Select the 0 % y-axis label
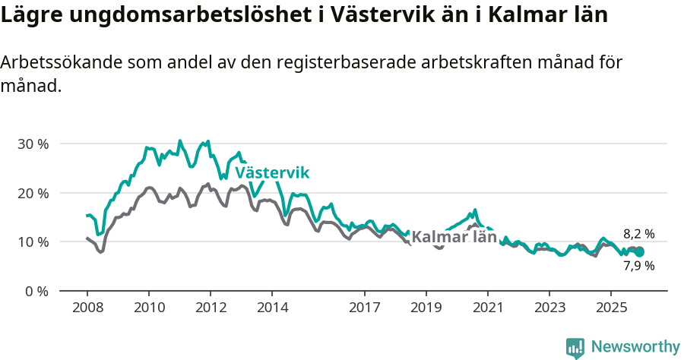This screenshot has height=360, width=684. pyautogui.click(x=36, y=291)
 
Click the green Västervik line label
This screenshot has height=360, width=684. pyautogui.click(x=272, y=173)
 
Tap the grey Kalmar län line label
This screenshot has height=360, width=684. pyautogui.click(x=454, y=237)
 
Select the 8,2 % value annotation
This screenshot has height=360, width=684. pyautogui.click(x=638, y=234)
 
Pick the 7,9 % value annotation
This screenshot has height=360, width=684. pyautogui.click(x=638, y=266)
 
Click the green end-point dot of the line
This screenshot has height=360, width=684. pyautogui.click(x=639, y=251)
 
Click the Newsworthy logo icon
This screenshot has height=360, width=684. pyautogui.click(x=575, y=348)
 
